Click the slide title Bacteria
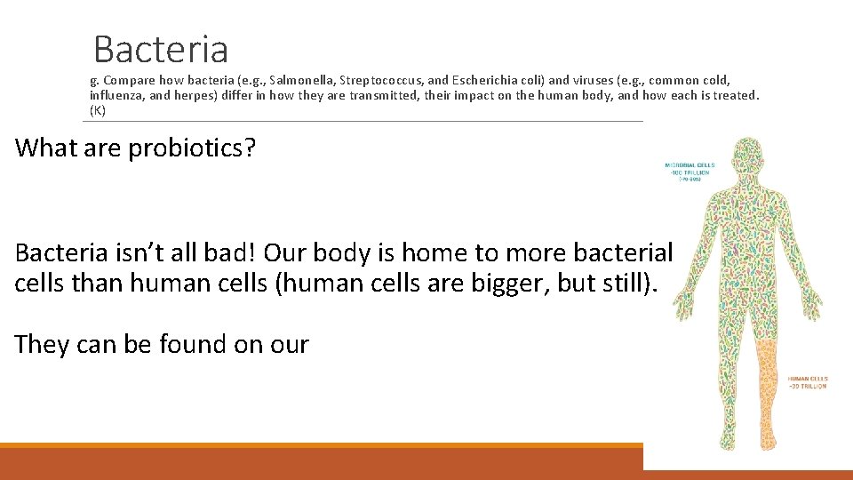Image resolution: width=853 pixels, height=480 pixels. pos(161,49)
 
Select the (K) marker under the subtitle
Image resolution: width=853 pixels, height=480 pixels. pos(98,110)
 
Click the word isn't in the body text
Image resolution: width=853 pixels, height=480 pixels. pos(144,252)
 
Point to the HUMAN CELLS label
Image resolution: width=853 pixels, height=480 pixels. pos(807,381)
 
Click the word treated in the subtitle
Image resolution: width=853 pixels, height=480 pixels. pos(735,95)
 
